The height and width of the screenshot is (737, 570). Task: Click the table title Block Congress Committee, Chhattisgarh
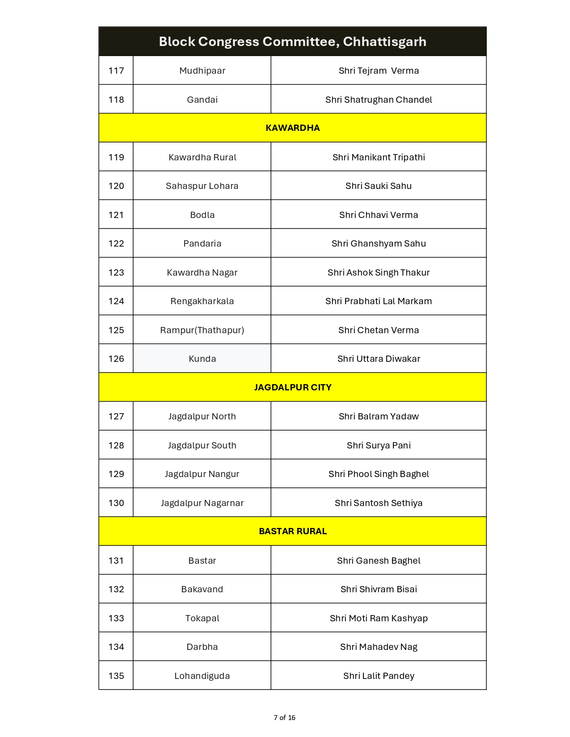click(292, 42)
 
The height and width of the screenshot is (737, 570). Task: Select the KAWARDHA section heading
click(292, 128)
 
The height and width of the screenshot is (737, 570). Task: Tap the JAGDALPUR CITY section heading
click(292, 387)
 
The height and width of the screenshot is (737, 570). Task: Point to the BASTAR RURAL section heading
click(292, 531)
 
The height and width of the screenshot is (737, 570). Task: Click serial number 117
click(116, 71)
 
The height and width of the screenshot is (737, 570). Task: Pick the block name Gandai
click(202, 100)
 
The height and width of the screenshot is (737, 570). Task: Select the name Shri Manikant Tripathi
click(378, 157)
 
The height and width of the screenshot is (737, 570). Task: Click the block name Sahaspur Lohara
click(202, 186)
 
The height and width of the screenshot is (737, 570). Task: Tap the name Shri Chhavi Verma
click(378, 215)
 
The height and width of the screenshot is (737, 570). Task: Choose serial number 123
click(116, 272)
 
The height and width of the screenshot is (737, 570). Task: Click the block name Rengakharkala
click(202, 301)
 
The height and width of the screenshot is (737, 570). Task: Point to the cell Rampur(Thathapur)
click(202, 330)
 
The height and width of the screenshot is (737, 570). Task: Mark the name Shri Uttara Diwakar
click(378, 359)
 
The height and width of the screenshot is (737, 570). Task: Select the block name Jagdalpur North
click(202, 416)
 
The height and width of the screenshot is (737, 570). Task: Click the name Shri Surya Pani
click(378, 445)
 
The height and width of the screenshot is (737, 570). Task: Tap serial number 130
click(116, 503)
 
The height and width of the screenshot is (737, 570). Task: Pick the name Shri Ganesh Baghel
click(378, 561)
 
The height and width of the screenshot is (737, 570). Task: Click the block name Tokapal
click(202, 618)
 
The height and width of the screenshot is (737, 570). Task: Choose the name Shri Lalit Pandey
click(378, 676)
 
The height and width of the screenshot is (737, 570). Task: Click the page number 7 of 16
click(284, 717)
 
